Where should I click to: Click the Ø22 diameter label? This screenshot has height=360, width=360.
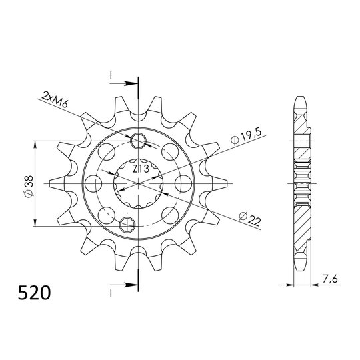249,218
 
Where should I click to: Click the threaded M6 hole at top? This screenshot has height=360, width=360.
140,141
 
